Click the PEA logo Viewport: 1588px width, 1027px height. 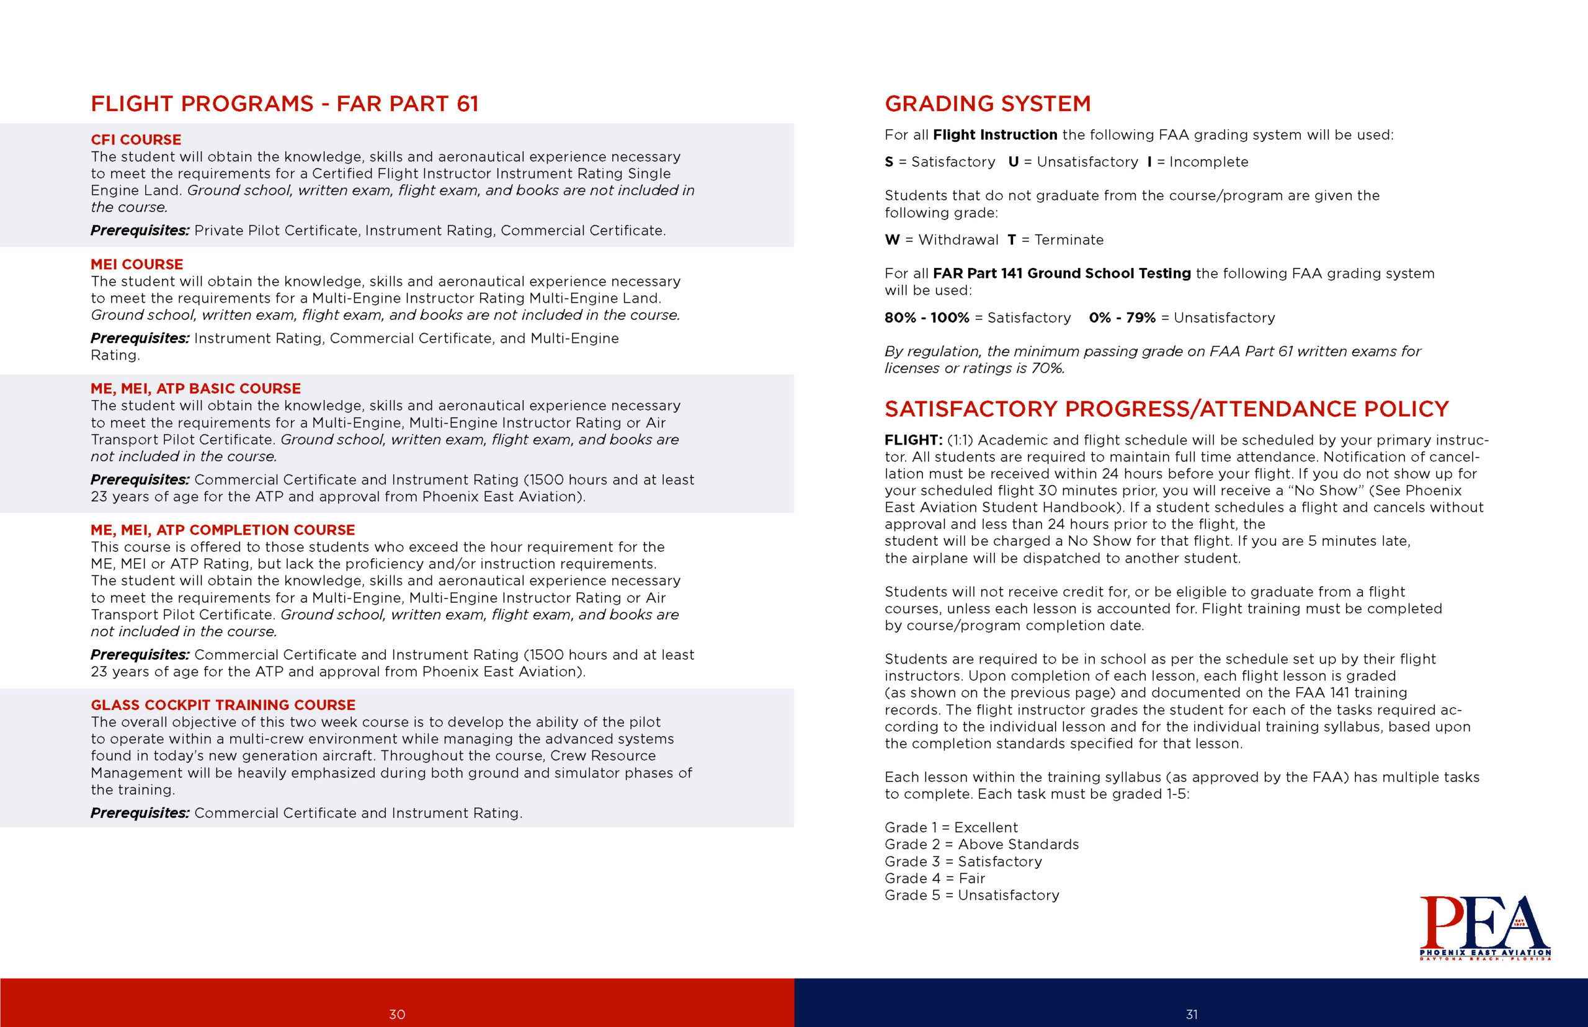[x=1484, y=927]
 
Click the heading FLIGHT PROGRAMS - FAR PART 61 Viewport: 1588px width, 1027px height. [x=285, y=104]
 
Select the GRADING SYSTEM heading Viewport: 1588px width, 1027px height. [x=987, y=104]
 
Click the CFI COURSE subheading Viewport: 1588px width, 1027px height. [x=136, y=140]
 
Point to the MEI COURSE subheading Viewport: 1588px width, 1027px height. [x=136, y=264]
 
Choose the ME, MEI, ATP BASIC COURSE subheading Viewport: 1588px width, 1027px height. [x=195, y=388]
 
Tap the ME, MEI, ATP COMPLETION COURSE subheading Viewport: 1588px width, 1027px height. [x=223, y=530]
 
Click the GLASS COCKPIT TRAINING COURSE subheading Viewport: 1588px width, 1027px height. [x=223, y=705]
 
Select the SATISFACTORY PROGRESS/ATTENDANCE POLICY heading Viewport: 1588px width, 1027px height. [x=1166, y=409]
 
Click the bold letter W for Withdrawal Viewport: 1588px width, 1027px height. [x=892, y=240]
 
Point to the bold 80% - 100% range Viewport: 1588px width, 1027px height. [x=926, y=318]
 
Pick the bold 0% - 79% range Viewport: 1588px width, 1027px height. [x=1122, y=318]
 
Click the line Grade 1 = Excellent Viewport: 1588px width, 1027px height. [x=951, y=827]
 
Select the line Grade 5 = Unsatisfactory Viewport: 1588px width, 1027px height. [x=972, y=896]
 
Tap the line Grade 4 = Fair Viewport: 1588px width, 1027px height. [x=934, y=878]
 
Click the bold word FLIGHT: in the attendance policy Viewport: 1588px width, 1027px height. [x=913, y=440]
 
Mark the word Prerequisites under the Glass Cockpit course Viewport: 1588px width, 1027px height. [x=140, y=813]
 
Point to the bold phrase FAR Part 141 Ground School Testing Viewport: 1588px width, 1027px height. [x=1061, y=273]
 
